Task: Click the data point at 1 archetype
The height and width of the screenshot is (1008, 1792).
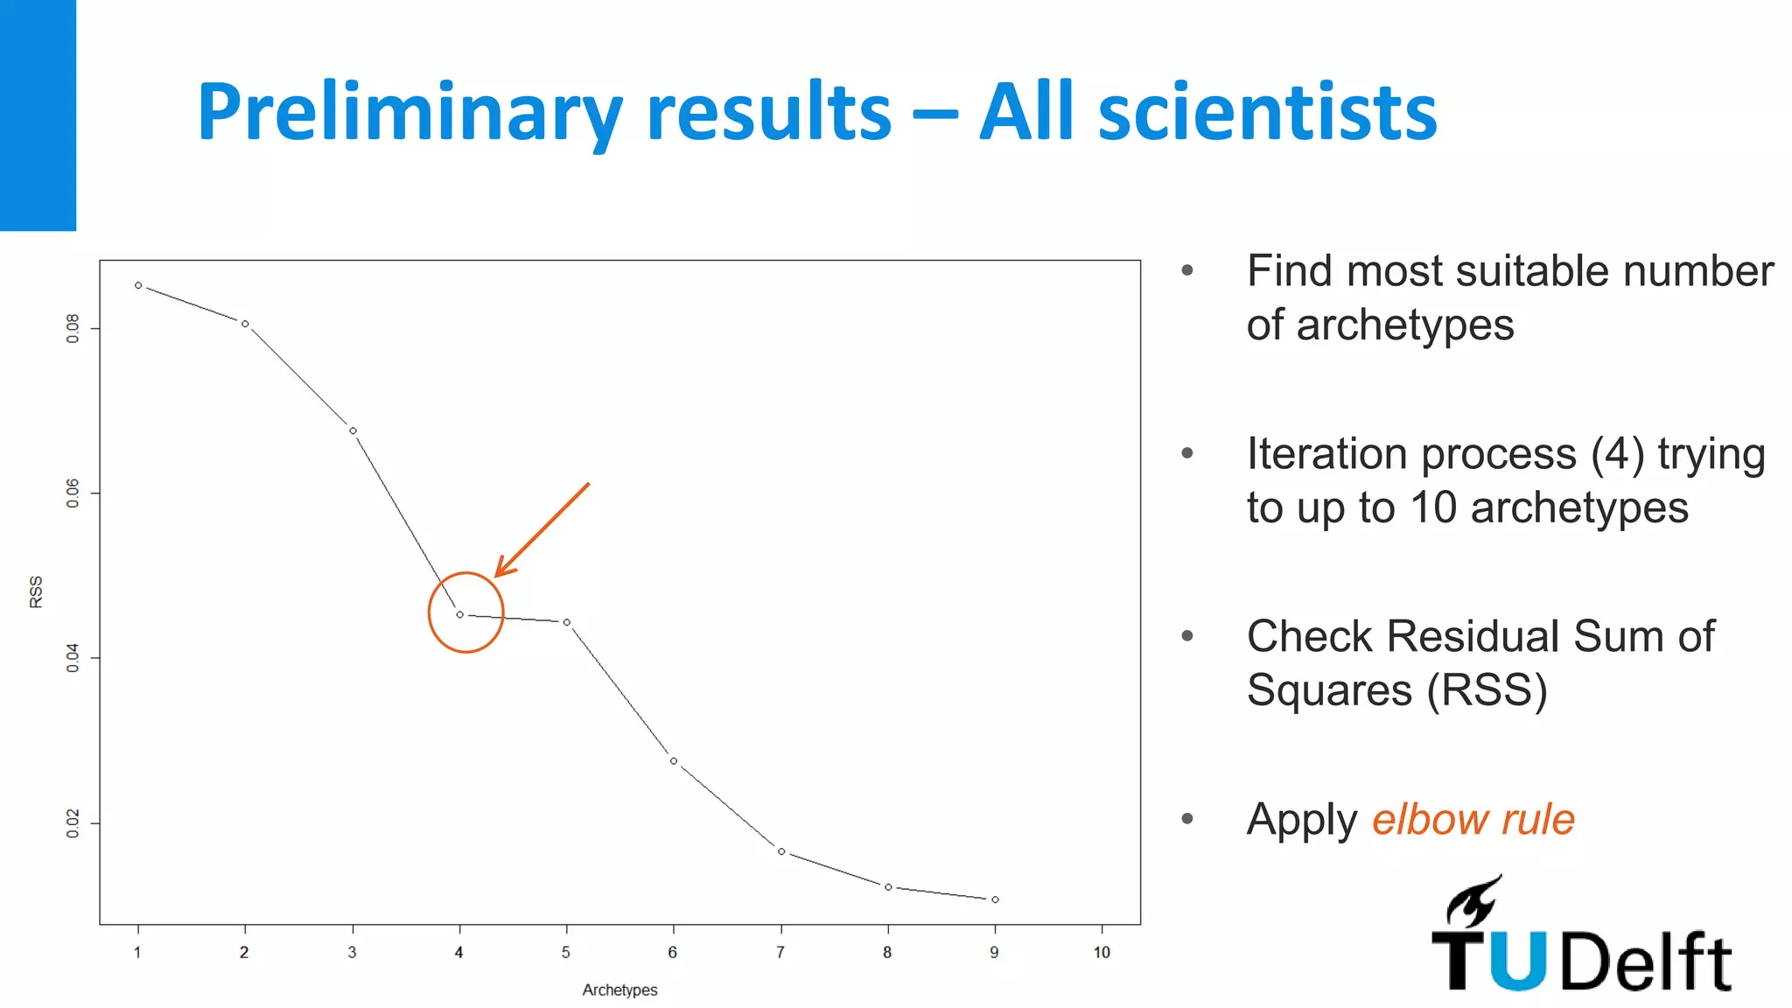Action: [x=138, y=285]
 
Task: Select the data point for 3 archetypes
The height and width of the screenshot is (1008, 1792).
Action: [x=353, y=430]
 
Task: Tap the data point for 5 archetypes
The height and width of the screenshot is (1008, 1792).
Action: [x=567, y=622]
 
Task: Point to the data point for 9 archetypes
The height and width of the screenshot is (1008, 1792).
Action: [x=995, y=899]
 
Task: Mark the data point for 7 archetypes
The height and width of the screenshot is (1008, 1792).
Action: [x=781, y=851]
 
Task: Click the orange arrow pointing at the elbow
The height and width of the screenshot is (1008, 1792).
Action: [x=542, y=530]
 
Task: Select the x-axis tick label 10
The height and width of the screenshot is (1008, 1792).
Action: [x=1102, y=953]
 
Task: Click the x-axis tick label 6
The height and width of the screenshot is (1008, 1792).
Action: [x=673, y=953]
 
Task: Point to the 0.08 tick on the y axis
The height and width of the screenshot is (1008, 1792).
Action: [x=73, y=328]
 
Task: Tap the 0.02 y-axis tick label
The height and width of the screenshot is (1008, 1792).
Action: [x=73, y=823]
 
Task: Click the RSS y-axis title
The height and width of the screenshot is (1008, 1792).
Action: [x=36, y=591]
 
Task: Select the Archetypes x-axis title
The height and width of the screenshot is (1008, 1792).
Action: [x=619, y=990]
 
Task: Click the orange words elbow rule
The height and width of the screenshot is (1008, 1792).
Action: [x=1473, y=820]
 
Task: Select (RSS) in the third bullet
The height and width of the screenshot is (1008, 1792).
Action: [x=1487, y=690]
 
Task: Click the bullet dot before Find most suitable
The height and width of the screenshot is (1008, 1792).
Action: [x=1187, y=270]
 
